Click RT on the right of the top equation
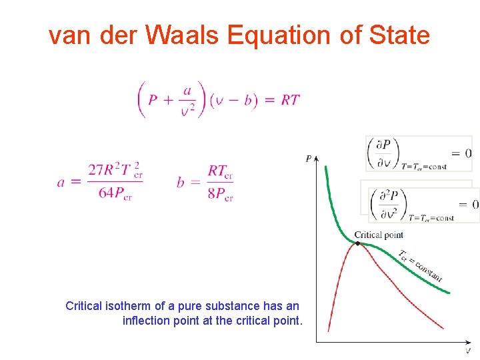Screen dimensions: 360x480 290,100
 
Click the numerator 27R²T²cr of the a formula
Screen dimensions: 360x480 115,170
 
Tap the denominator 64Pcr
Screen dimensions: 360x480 115,194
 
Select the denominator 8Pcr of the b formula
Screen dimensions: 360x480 220,194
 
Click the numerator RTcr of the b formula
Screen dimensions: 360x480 220,171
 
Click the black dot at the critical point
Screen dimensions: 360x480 358,243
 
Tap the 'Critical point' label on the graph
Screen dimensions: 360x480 378,234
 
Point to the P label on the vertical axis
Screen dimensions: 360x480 308,159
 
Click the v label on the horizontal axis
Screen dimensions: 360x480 468,351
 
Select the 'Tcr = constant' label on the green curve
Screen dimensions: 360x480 420,266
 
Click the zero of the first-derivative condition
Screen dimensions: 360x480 468,153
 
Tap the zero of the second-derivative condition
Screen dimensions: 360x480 475,204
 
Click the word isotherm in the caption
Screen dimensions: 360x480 133,306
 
